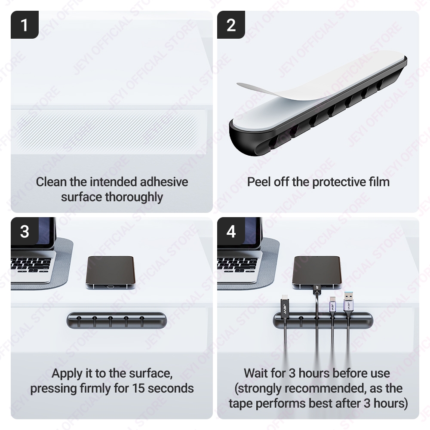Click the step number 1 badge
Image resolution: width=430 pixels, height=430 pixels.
[25, 25]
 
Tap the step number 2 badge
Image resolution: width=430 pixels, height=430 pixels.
[231, 25]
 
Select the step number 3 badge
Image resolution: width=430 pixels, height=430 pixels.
[25, 231]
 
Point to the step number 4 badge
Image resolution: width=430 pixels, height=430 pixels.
[231, 231]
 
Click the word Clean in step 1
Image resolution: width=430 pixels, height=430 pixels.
[51, 182]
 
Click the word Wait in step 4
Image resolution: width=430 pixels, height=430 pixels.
[256, 373]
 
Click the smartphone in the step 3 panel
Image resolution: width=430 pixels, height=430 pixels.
[111, 273]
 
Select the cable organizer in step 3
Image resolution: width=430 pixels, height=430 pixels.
[117, 320]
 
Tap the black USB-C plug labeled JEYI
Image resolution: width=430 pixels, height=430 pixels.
[284, 306]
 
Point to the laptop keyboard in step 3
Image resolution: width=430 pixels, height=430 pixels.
[31, 265]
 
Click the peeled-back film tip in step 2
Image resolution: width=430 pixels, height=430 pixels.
[239, 84]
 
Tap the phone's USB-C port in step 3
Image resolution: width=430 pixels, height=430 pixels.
[111, 287]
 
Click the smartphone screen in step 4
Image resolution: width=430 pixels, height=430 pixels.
[317, 270]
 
